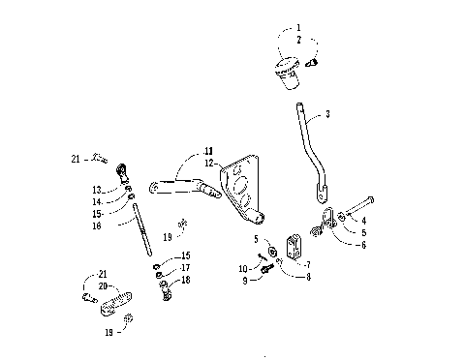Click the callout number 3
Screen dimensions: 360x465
[x=327, y=114]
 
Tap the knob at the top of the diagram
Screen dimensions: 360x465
[x=285, y=72]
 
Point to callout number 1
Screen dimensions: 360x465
[x=298, y=28]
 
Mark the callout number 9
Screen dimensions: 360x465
[x=245, y=281]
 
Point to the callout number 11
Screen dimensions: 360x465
[x=207, y=152]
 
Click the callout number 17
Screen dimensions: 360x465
[x=187, y=267]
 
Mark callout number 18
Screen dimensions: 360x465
[x=187, y=279]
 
